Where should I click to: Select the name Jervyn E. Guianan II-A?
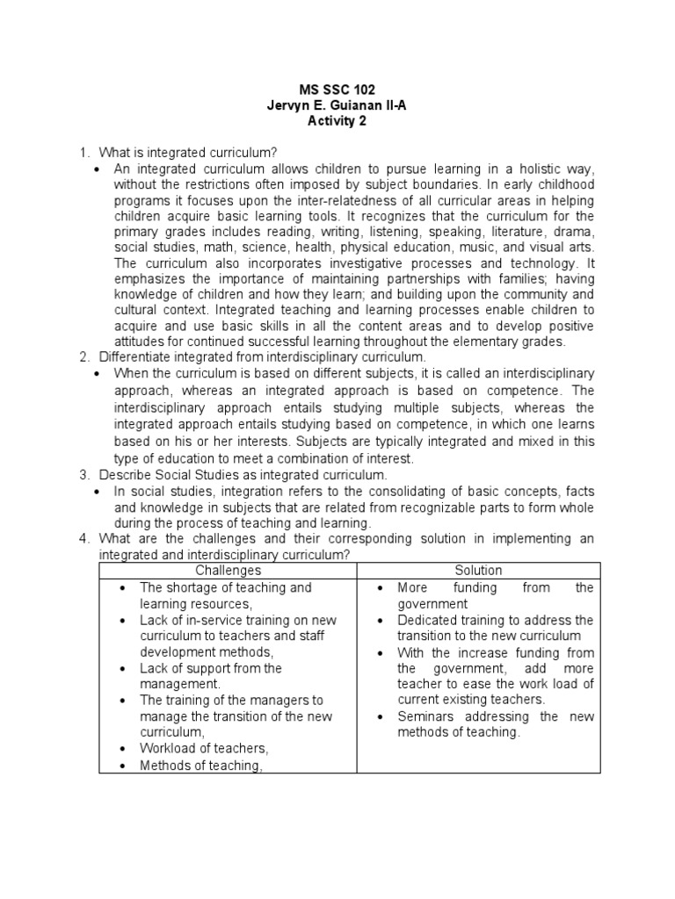coord(337,105)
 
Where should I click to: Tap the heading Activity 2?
coord(337,121)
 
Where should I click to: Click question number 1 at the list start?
coord(83,153)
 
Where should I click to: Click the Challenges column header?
coord(228,571)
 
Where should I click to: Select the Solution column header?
coord(479,571)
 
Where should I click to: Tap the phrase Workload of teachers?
coord(204,749)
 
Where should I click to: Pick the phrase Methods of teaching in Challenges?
coord(201,766)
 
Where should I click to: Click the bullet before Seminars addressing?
coord(380,716)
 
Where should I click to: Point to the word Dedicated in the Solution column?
coord(428,620)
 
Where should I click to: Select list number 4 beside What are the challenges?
coord(83,539)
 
